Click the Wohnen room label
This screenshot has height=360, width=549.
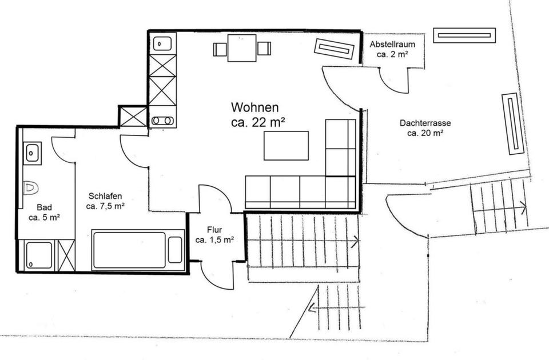[255, 107]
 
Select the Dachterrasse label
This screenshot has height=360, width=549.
[425, 122]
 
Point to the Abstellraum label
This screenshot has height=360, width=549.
[392, 44]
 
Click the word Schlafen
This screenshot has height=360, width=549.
[105, 194]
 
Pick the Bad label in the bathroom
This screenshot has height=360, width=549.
[44, 207]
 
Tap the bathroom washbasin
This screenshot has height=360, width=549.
[32, 153]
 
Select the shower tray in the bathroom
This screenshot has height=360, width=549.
[37, 255]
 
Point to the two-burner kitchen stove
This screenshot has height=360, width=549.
[164, 121]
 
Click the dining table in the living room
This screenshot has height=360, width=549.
[242, 48]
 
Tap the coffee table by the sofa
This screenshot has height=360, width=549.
[286, 146]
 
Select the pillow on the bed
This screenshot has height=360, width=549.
[175, 250]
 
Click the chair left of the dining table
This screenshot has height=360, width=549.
[220, 49]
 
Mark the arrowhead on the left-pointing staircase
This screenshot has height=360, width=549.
[311, 309]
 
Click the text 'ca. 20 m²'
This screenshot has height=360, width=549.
[425, 133]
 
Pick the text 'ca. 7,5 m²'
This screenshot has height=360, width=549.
[105, 206]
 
